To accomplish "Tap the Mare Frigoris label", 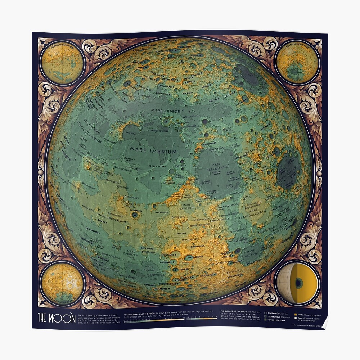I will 167,111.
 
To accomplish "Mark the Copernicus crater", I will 135,215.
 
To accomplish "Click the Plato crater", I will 166,121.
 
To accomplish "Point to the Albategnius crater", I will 189,257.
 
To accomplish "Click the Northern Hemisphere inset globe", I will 62,62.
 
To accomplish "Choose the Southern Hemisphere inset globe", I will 297,62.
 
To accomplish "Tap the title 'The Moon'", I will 57,318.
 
